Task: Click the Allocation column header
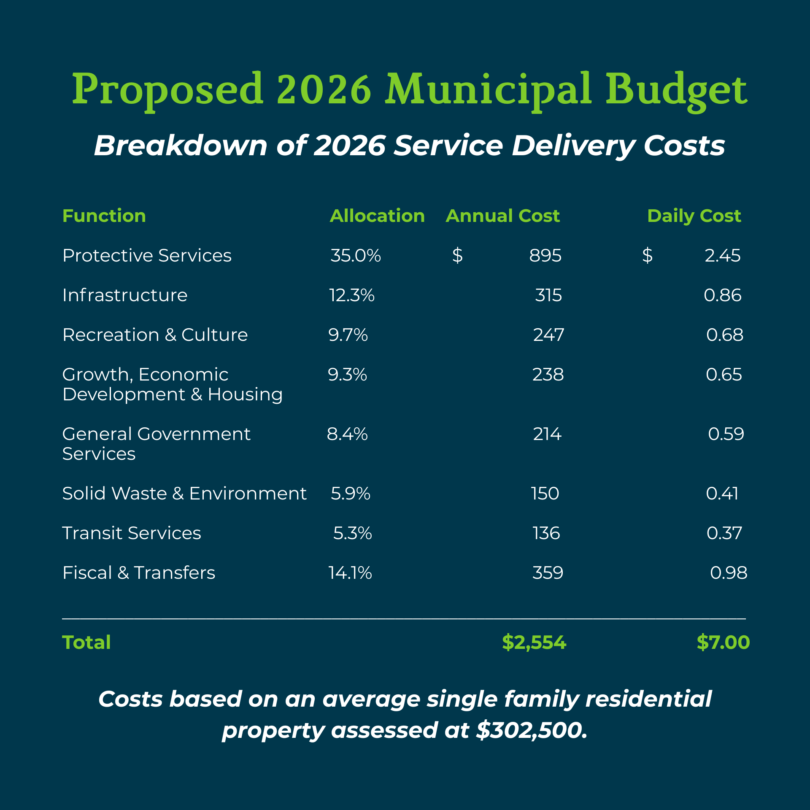pyautogui.click(x=377, y=216)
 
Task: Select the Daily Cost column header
pyautogui.click(x=694, y=216)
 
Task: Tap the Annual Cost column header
pyautogui.click(x=502, y=216)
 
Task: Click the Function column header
pyautogui.click(x=104, y=216)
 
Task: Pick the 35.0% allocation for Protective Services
pyautogui.click(x=355, y=256)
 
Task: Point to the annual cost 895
pyautogui.click(x=545, y=256)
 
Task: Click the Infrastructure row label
pyautogui.click(x=125, y=295)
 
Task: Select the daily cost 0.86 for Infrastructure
pyautogui.click(x=722, y=295)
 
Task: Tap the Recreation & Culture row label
pyautogui.click(x=155, y=335)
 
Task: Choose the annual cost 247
pyautogui.click(x=548, y=335)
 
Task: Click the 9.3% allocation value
pyautogui.click(x=347, y=375)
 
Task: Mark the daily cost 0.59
pyautogui.click(x=726, y=434)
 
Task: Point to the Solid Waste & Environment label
pyautogui.click(x=184, y=494)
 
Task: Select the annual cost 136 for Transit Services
pyautogui.click(x=546, y=533)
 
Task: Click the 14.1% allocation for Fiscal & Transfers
pyautogui.click(x=350, y=573)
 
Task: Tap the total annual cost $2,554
pyautogui.click(x=534, y=643)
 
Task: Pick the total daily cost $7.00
pyautogui.click(x=723, y=643)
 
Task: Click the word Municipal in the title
pyautogui.click(x=488, y=89)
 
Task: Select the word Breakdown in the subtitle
pyautogui.click(x=181, y=146)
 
